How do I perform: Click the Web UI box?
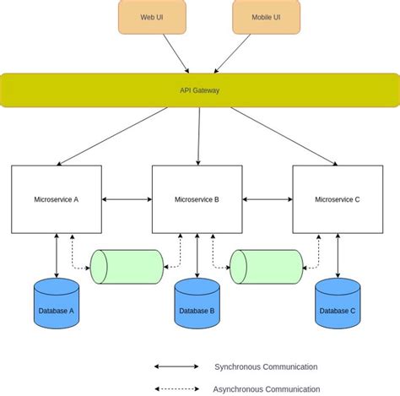click(x=153, y=17)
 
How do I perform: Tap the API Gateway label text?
click(x=199, y=90)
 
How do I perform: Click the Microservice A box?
click(x=57, y=199)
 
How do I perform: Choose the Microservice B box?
click(x=197, y=199)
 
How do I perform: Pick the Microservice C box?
click(x=337, y=199)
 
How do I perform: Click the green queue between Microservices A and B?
click(x=127, y=267)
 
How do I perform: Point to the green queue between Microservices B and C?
click(x=267, y=267)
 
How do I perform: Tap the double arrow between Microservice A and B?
click(x=127, y=199)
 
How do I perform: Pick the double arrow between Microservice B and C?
click(x=267, y=199)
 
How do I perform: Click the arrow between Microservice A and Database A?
click(x=57, y=255)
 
